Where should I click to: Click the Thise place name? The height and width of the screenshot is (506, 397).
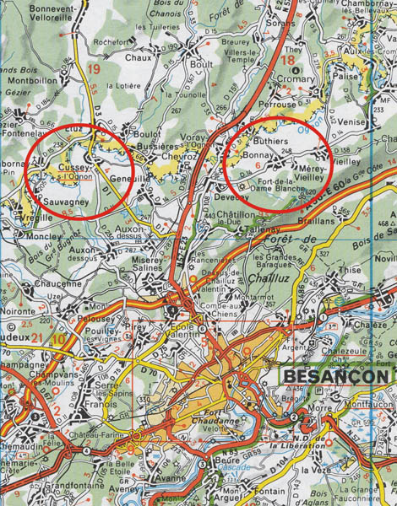click(348, 270)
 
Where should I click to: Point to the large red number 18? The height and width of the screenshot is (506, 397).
click(289, 61)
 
